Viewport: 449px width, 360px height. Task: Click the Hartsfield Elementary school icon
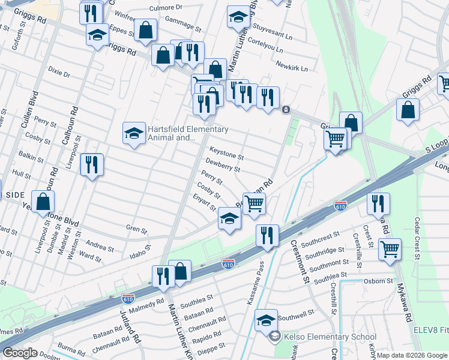[x=134, y=134]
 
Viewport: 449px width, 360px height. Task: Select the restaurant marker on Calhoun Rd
[x=92, y=165]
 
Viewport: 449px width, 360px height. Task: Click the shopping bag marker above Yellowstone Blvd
[x=43, y=203]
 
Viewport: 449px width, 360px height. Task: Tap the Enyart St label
[x=205, y=204]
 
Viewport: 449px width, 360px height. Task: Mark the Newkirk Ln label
[x=292, y=66]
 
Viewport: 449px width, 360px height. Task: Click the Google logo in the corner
[x=20, y=353]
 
